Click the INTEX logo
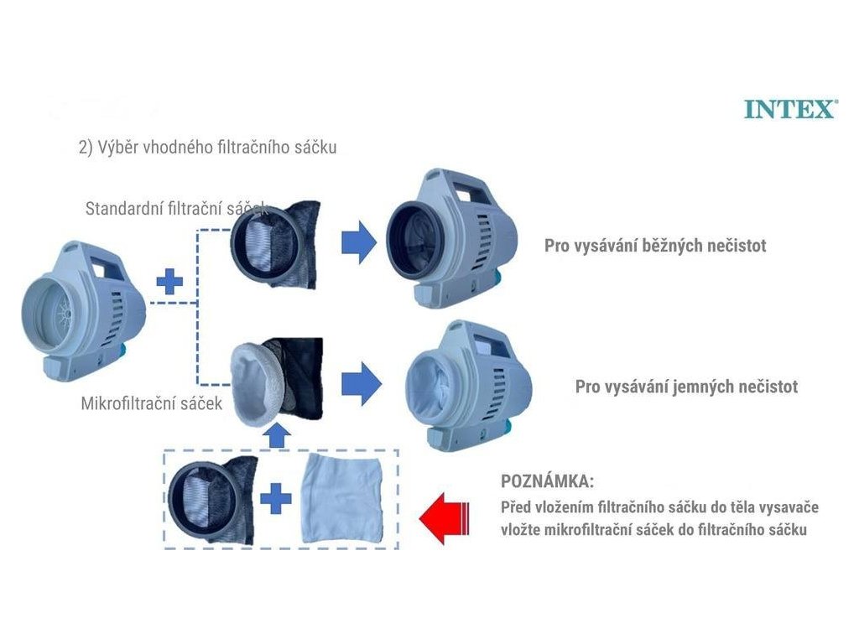tap(789, 109)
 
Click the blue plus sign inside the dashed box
tap(275, 501)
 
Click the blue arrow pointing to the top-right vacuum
tap(358, 242)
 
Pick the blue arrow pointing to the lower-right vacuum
tap(361, 385)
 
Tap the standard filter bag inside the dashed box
tap(210, 500)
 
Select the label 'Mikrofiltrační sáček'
tap(151, 403)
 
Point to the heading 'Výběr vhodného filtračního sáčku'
tap(207, 148)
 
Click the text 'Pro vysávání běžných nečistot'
tap(655, 247)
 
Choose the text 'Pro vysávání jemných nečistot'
tap(686, 387)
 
